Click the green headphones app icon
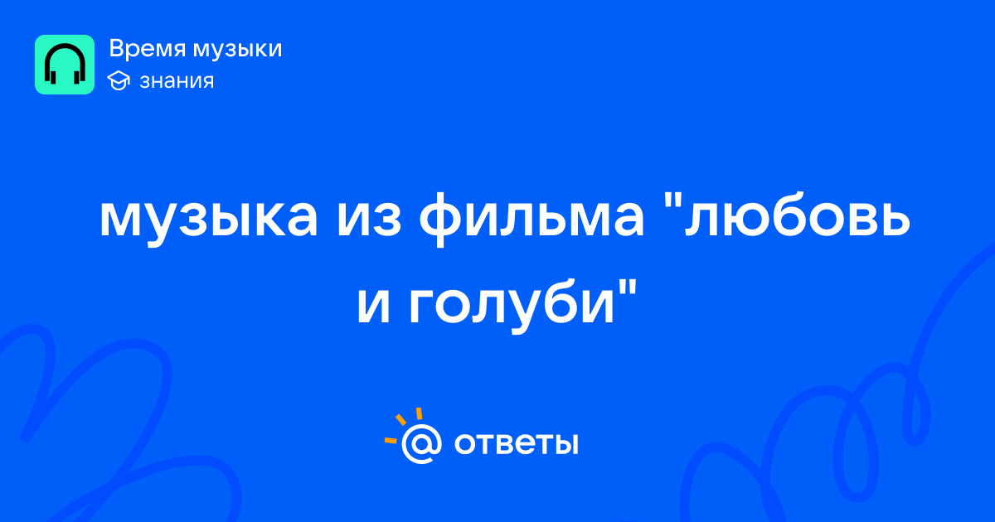(x=65, y=65)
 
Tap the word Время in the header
(x=147, y=49)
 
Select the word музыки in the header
(x=238, y=50)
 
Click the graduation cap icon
(x=119, y=80)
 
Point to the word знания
(x=177, y=81)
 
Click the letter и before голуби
(x=374, y=306)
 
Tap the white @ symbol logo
(x=421, y=443)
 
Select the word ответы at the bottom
(x=516, y=443)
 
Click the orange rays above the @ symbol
(x=403, y=425)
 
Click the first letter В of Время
(x=117, y=49)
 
